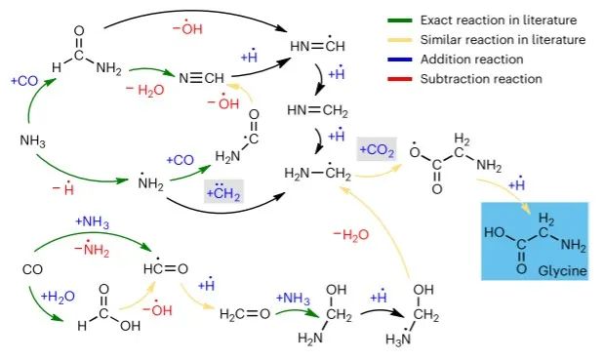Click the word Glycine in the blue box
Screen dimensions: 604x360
[x=562, y=270]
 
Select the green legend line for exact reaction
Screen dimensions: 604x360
[x=400, y=20]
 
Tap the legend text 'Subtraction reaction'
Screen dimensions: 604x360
[x=481, y=79]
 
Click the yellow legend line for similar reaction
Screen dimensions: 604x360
[x=400, y=40]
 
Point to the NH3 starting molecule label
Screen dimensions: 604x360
[x=32, y=140]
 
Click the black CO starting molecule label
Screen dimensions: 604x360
[x=32, y=269]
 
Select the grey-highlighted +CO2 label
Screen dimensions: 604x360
[x=377, y=150]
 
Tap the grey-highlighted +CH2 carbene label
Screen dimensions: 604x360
[x=223, y=191]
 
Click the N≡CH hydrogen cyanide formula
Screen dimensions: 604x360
[x=201, y=78]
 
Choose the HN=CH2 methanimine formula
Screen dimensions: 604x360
[x=317, y=111]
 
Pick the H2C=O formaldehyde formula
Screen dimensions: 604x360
[x=245, y=314]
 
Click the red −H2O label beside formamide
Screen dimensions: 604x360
[x=144, y=90]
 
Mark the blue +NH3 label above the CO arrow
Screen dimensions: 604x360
[x=92, y=222]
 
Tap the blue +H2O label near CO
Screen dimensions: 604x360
[x=58, y=297]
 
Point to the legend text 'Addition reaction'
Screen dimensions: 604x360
[x=472, y=60]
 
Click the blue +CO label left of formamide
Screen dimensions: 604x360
[x=24, y=81]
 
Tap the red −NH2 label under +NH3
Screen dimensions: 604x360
[x=92, y=249]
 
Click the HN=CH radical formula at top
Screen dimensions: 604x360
[x=317, y=44]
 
